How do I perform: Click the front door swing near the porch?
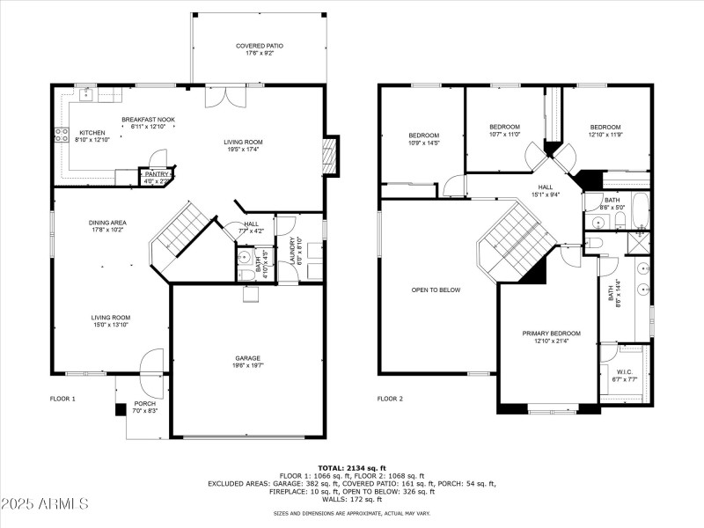click(x=150, y=361)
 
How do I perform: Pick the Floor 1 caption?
click(x=62, y=399)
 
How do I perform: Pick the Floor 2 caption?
click(x=390, y=399)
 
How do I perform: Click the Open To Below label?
click(x=436, y=290)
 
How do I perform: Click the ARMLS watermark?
click(x=46, y=504)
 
